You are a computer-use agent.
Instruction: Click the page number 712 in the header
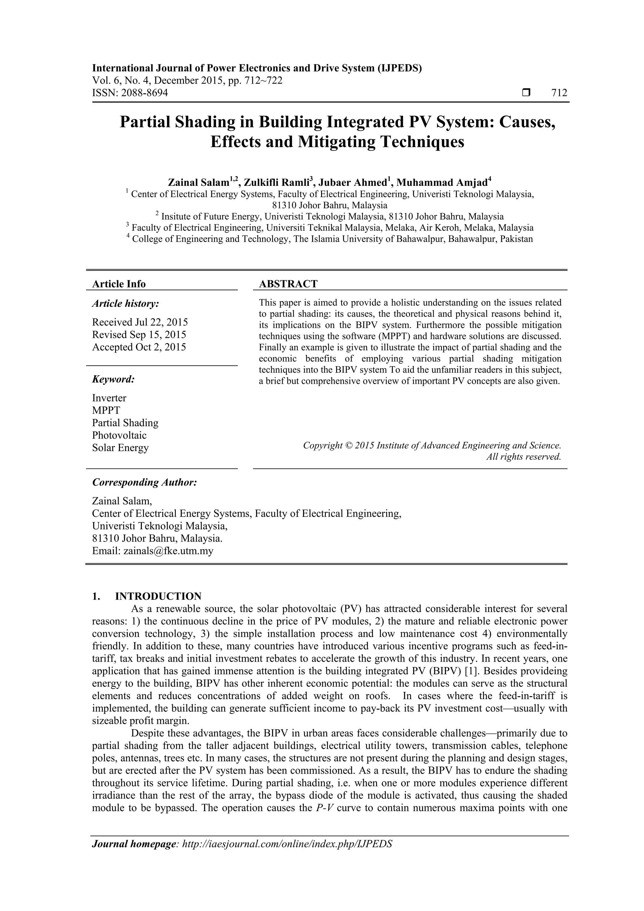coord(559,93)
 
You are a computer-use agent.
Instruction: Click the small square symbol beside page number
coord(526,93)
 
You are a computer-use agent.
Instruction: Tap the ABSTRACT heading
coord(288,284)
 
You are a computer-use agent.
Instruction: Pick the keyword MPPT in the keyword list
coord(106,410)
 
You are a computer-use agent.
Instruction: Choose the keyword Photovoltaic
coord(119,435)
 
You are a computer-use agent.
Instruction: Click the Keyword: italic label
coord(114,379)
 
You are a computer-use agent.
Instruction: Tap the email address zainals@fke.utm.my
coord(168,551)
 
